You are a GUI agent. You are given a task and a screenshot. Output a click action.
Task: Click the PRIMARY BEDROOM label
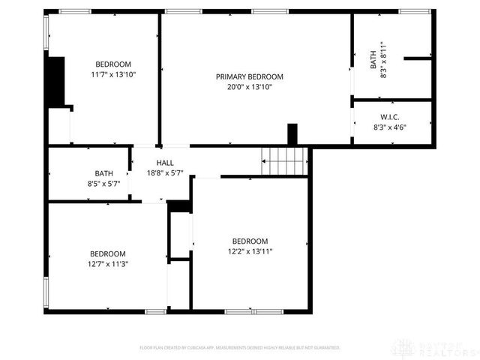point(250,76)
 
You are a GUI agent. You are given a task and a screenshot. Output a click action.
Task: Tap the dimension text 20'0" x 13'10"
point(250,87)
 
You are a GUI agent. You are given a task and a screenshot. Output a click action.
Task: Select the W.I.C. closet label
point(389,117)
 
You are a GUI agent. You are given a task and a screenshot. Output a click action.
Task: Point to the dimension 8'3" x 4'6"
point(389,127)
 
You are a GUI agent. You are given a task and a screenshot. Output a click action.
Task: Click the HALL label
point(165,163)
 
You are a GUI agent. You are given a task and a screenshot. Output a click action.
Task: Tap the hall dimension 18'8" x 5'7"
point(165,173)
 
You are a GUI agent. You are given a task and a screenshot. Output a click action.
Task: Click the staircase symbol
point(285,160)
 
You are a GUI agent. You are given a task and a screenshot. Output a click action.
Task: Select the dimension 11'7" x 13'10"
point(113,74)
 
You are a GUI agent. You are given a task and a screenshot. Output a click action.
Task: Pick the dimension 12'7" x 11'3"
point(108,264)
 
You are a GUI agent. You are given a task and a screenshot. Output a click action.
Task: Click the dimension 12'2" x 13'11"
point(250,251)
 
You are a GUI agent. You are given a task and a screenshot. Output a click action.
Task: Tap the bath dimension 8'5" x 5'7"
point(104,184)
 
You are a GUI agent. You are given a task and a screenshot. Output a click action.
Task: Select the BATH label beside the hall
point(104,173)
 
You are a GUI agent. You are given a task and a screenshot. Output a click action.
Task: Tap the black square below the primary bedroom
point(292,132)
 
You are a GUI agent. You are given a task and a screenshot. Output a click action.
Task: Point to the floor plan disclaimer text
point(240,348)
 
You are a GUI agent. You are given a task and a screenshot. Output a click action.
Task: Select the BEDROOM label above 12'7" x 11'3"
point(108,253)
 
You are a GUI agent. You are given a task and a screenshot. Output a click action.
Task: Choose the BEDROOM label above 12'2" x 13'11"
point(250,241)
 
